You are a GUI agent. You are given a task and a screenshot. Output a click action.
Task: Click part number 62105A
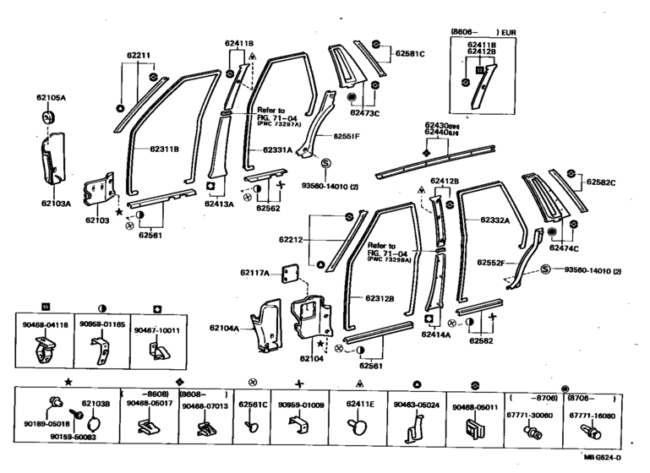click(x=51, y=98)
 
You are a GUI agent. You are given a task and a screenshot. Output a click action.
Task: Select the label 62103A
click(x=52, y=204)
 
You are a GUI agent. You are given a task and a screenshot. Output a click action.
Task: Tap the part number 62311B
click(x=164, y=150)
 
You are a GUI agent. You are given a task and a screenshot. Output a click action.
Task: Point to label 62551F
click(x=347, y=136)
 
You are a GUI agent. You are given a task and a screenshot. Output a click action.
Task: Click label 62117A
click(x=254, y=272)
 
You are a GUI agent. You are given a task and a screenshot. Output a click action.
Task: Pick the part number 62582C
click(x=601, y=183)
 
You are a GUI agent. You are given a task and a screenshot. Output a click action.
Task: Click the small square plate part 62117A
click(x=290, y=272)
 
